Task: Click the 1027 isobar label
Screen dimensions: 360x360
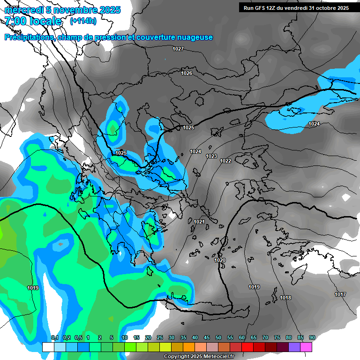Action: [178, 49]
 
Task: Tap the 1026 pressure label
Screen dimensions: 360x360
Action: [187, 73]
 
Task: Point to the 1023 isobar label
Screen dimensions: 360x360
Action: [211, 156]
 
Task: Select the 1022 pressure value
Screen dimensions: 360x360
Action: [225, 161]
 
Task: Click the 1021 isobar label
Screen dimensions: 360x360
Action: [199, 222]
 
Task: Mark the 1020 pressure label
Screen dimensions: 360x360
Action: [220, 260]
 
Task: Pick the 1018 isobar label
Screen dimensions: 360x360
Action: [285, 298]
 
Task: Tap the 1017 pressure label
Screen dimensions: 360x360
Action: [340, 294]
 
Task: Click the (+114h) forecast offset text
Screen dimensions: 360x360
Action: [83, 21]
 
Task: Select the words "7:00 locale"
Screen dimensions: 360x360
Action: [33, 21]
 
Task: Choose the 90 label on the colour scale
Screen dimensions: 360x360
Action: [312, 338]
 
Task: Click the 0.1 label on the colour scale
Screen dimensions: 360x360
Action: [54, 338]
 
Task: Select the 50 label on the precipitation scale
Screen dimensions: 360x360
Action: [218, 338]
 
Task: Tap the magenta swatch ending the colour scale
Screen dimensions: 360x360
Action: [306, 347]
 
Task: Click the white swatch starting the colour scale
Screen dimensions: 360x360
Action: [48, 347]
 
